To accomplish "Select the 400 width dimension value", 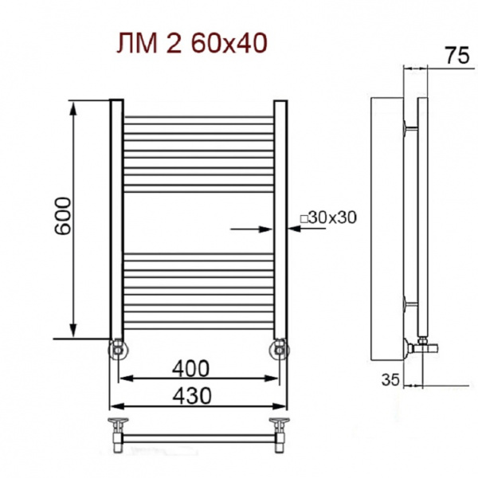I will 191,369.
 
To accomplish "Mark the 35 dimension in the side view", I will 389,381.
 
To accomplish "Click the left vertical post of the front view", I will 116,220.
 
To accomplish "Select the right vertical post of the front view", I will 280,220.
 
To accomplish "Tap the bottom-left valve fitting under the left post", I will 117,348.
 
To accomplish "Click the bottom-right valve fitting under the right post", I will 280,348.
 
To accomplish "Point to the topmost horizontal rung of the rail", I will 198,119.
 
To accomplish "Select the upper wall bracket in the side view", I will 410,126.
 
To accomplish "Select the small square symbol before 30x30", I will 304,217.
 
